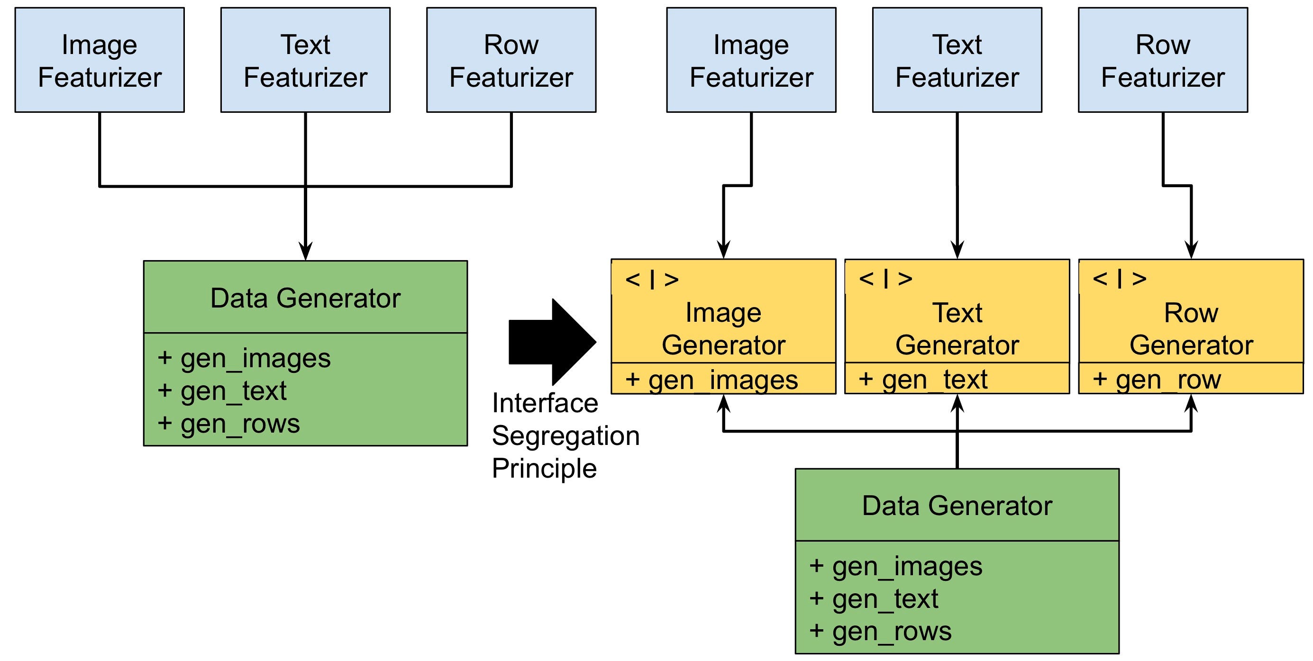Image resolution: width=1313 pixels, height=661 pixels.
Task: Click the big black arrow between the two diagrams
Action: click(x=553, y=342)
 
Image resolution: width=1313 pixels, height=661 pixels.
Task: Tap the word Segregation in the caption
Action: click(x=566, y=436)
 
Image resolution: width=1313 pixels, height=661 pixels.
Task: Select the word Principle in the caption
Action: click(x=544, y=468)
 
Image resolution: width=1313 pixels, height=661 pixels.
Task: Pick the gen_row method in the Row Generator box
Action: click(x=1157, y=380)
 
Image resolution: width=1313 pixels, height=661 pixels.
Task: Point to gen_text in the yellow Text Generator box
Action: click(x=923, y=380)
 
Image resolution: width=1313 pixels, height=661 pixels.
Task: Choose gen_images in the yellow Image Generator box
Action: click(x=712, y=380)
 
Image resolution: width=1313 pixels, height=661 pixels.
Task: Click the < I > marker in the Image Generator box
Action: click(x=652, y=279)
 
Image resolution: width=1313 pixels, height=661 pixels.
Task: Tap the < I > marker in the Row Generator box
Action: click(x=1119, y=278)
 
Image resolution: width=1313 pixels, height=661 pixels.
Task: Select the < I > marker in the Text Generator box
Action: click(x=885, y=278)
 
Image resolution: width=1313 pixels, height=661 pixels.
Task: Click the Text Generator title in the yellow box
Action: click(x=957, y=329)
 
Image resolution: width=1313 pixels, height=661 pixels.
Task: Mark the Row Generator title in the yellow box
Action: click(x=1191, y=329)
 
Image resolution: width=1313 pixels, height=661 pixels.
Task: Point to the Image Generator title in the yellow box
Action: click(x=723, y=329)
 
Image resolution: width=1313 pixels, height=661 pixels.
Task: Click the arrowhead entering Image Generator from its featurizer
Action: click(x=723, y=250)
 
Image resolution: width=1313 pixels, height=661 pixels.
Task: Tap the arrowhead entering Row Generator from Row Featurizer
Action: click(x=1191, y=250)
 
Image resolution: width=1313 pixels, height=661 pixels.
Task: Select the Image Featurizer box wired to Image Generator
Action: click(x=751, y=60)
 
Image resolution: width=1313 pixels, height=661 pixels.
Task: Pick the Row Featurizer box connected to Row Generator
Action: click(x=1163, y=60)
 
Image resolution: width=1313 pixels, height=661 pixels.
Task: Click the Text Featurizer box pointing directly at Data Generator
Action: click(x=305, y=60)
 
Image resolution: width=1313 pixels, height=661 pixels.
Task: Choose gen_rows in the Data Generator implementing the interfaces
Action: click(x=881, y=632)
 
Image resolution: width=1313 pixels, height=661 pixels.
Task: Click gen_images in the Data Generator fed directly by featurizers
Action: click(x=245, y=358)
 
